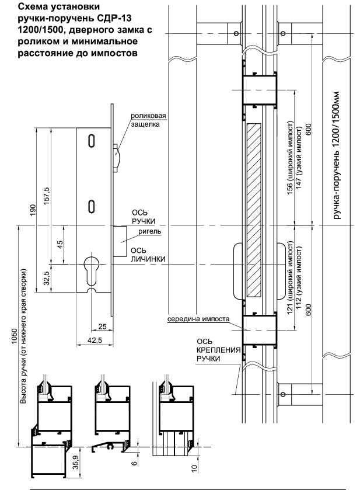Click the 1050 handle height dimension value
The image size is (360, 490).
(x=15, y=336)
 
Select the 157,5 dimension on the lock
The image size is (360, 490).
(x=47, y=196)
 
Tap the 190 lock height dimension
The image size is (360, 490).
(x=33, y=210)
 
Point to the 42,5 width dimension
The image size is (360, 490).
(x=95, y=340)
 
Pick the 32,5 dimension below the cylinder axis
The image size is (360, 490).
(x=47, y=278)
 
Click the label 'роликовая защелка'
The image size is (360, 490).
(x=148, y=120)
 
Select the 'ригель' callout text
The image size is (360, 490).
(x=150, y=231)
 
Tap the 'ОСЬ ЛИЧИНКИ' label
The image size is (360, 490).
(x=148, y=255)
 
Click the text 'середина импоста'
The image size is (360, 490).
(x=198, y=319)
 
